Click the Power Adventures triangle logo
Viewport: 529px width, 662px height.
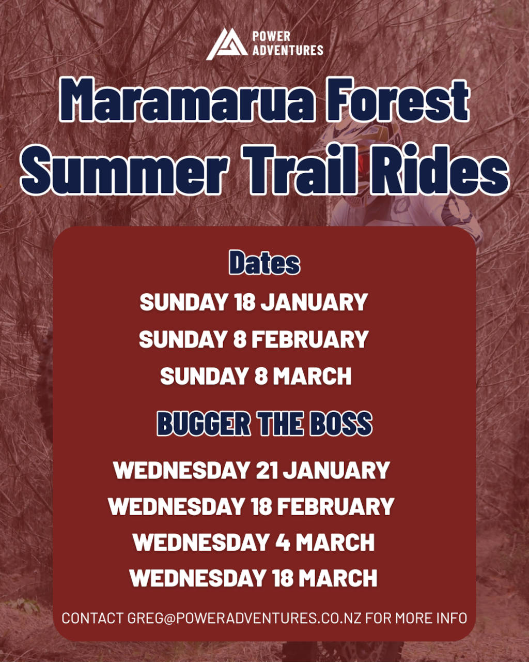(227, 44)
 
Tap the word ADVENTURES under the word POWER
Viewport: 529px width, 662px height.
(288, 50)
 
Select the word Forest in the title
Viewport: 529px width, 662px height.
(397, 99)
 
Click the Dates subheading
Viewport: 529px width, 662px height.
(264, 262)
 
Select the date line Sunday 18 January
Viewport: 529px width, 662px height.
(254, 302)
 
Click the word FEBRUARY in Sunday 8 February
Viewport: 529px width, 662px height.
(310, 339)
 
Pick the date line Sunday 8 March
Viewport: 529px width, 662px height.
(256, 376)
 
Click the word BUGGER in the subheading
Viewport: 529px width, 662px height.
(204, 424)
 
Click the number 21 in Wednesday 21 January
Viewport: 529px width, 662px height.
(267, 470)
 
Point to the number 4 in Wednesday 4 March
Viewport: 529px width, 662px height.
(283, 542)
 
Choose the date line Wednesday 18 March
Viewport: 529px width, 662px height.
(253, 578)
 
